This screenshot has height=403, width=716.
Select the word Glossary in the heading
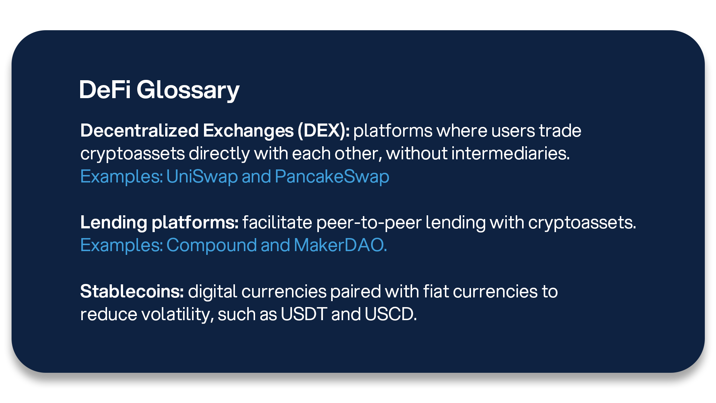[188, 91]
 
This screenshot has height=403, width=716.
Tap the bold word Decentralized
[139, 131]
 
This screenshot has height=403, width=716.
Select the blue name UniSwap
[202, 177]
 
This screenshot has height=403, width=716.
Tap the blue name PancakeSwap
[332, 177]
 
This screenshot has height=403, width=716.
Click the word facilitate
[277, 222]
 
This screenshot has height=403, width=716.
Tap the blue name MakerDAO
[340, 245]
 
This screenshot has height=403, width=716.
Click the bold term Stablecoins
[132, 291]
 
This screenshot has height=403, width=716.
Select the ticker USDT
[304, 314]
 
